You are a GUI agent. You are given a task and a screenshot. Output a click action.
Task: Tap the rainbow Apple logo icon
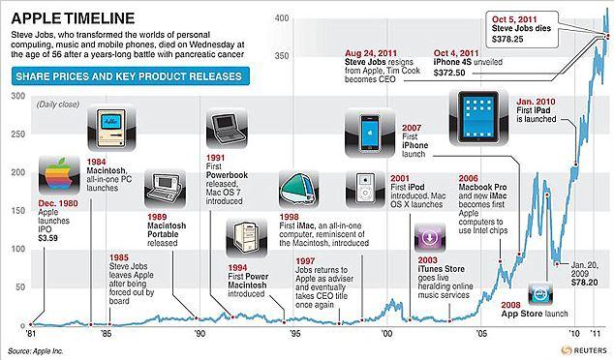(54, 179)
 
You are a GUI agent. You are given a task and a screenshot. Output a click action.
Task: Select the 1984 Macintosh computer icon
(107, 129)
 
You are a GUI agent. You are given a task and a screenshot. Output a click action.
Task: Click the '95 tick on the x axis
(293, 331)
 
